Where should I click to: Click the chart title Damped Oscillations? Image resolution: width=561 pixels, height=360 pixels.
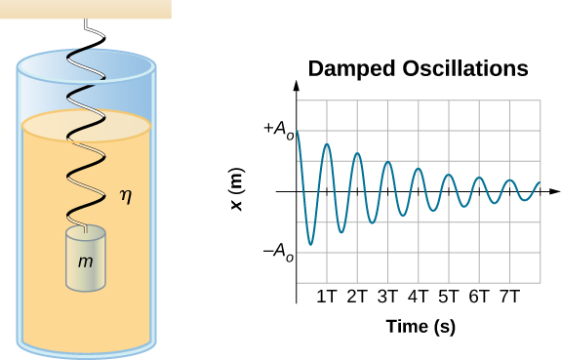418,70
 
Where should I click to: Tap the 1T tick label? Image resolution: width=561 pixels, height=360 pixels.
327,297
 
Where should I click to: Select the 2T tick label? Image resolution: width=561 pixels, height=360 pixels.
357,297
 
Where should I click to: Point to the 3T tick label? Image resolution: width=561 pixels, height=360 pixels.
388,297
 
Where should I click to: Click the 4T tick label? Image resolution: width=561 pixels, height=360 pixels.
419,297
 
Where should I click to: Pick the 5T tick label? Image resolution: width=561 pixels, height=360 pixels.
449,297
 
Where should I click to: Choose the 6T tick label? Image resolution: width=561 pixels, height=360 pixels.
479,297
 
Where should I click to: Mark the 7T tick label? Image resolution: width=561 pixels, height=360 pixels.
509,297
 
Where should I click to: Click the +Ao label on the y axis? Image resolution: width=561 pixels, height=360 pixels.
276,130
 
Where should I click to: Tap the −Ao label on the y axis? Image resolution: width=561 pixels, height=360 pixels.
277,252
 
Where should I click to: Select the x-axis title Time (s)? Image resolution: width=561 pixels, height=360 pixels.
421,327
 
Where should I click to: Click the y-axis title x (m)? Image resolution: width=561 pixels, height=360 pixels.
235,190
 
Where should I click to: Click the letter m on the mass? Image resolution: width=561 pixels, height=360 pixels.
86,262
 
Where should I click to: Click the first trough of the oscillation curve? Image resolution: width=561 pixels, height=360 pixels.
311,244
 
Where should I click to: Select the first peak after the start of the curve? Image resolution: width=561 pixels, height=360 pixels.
327,144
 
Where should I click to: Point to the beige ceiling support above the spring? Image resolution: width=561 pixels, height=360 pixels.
86,9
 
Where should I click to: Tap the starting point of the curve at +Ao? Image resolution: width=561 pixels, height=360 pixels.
297,131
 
